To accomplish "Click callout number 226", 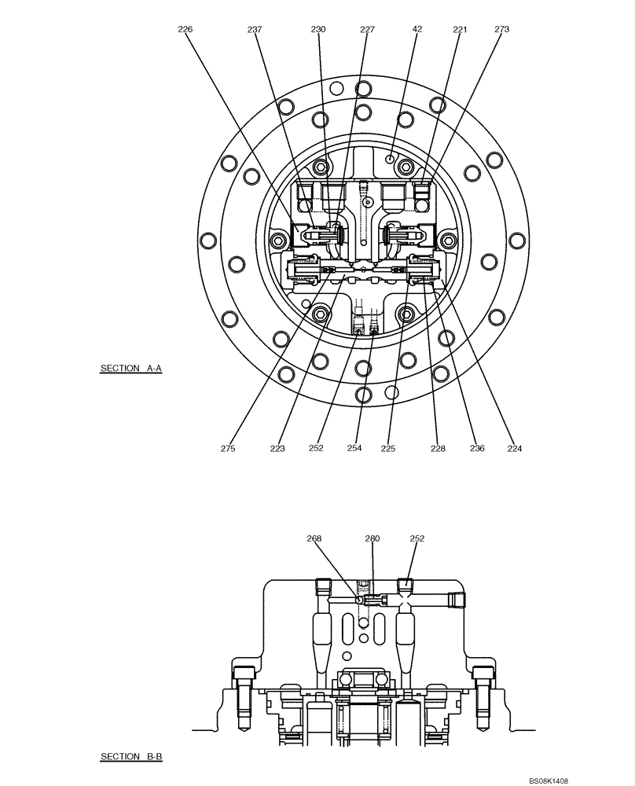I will [185, 29].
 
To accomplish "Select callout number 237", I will [255, 29].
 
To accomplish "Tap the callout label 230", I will [317, 29].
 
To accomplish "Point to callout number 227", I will [367, 29].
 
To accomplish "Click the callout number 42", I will [417, 29].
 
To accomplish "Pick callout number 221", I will [460, 29].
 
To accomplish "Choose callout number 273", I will [501, 29].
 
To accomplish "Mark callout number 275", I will [228, 449].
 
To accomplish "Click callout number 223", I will [277, 449].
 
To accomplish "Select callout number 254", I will [354, 449].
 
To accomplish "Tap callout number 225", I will [387, 449].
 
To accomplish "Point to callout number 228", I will [438, 449].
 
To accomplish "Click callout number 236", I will [476, 449].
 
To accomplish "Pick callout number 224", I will [515, 449].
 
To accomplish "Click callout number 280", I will [373, 539].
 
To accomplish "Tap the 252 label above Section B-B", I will [417, 539].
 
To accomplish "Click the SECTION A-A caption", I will [130, 368].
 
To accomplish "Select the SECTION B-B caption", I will [130, 757].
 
